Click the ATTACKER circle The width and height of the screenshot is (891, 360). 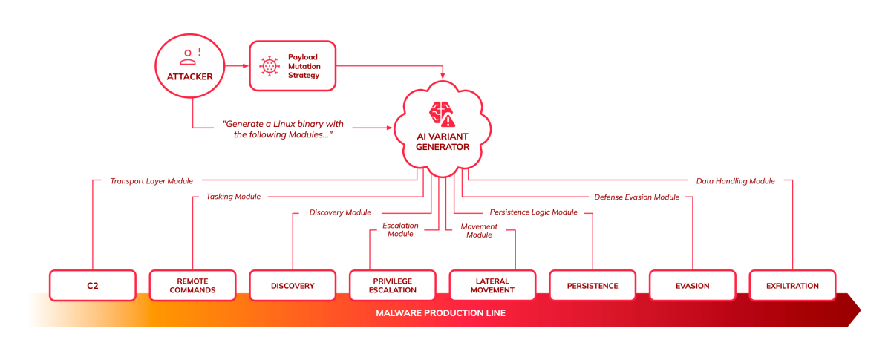(189, 66)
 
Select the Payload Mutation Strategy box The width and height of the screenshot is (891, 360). (292, 66)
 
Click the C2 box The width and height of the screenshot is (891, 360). (93, 285)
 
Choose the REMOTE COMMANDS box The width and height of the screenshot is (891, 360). (192, 285)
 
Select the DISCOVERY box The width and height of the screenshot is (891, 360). (293, 285)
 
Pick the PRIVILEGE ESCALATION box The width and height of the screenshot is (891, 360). (393, 285)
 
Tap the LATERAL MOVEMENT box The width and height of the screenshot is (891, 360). (492, 285)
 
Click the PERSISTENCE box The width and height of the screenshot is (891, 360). (593, 285)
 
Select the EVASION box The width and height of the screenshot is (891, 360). (693, 285)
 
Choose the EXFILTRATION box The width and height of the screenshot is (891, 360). (792, 285)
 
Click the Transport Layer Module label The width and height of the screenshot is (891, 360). (151, 180)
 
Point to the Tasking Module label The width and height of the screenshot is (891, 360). (232, 197)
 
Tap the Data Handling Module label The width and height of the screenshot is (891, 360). (735, 180)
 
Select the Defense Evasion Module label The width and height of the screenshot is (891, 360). (637, 197)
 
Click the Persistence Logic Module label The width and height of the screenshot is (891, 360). (533, 212)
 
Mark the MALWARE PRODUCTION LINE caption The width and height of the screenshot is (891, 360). (441, 312)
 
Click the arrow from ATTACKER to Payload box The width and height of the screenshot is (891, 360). (236, 66)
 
